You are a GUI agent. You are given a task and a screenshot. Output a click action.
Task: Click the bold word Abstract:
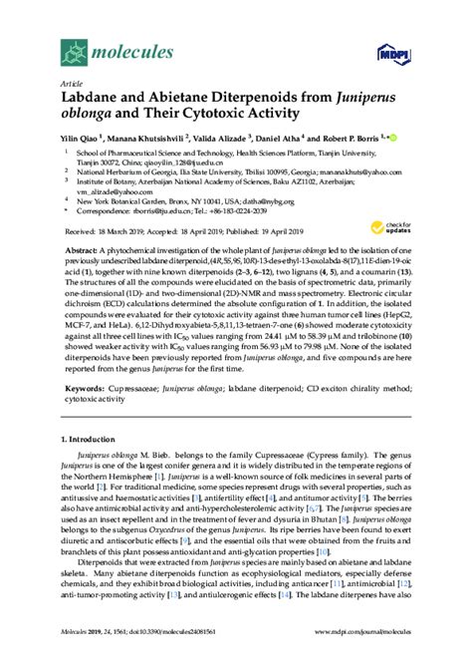pos(85,247)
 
